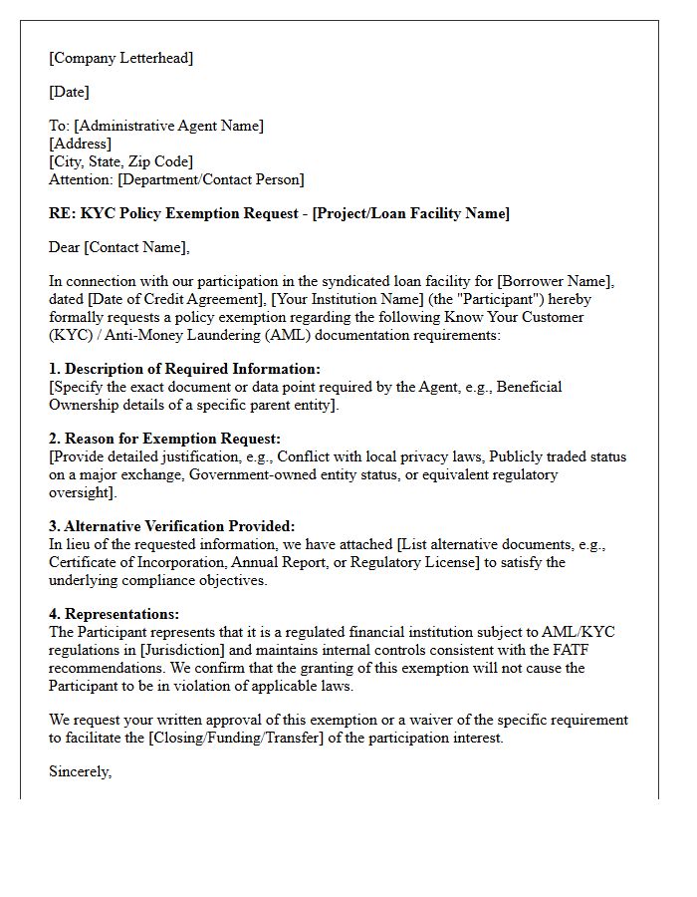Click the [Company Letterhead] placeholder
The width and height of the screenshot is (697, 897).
click(x=121, y=58)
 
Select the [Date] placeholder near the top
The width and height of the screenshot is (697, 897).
click(x=69, y=92)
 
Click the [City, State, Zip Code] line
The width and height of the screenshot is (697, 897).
click(x=120, y=161)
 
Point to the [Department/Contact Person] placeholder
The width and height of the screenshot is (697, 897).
click(x=211, y=179)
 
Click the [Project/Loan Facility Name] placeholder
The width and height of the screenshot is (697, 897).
click(x=411, y=213)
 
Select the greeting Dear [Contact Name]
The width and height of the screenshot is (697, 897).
click(x=118, y=247)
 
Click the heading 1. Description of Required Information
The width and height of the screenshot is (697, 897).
click(x=184, y=369)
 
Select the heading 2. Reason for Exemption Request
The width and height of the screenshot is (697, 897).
click(x=164, y=439)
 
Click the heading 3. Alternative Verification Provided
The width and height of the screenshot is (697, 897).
click(x=172, y=526)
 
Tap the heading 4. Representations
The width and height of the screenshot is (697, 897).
click(x=114, y=614)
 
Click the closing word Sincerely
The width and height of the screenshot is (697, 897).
click(x=80, y=771)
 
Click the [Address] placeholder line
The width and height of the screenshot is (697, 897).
click(x=80, y=144)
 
